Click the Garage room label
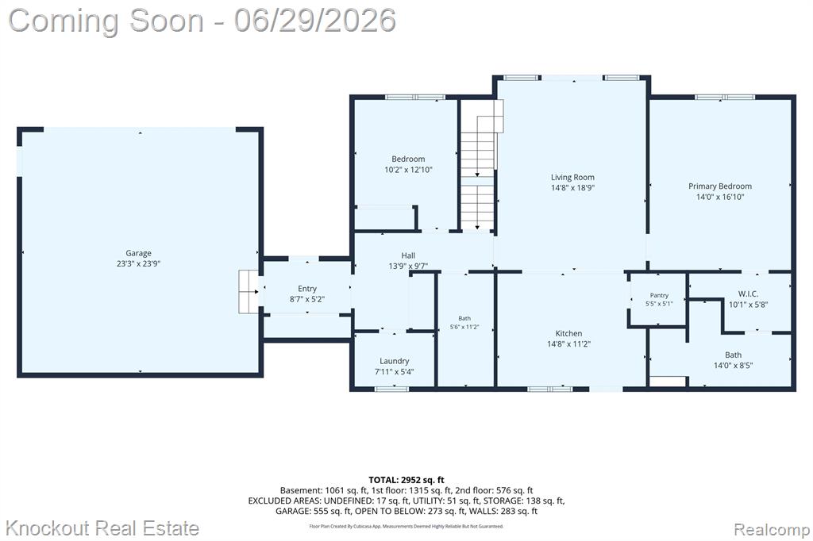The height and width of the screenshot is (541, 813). (x=138, y=253)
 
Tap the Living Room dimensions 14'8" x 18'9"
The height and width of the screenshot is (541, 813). (x=572, y=187)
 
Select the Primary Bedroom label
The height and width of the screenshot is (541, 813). (x=719, y=186)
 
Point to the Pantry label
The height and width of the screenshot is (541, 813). (x=659, y=295)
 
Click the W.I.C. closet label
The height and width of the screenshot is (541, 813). (x=748, y=294)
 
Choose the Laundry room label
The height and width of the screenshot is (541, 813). (x=394, y=361)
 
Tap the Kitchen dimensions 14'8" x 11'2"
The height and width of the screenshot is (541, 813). (x=568, y=343)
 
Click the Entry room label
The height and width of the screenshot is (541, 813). (x=307, y=289)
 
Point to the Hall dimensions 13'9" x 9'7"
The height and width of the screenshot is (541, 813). (x=408, y=266)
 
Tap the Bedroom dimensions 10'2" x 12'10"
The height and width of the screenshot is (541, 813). (x=408, y=170)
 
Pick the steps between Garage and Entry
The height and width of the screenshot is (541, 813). (x=249, y=291)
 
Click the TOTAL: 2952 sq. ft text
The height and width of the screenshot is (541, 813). (x=406, y=480)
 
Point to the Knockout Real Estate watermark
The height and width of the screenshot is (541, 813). (x=102, y=528)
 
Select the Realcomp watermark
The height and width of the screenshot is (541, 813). (x=772, y=530)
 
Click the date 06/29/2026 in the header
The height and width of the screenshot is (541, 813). (x=314, y=21)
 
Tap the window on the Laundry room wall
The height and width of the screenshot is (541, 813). (x=392, y=388)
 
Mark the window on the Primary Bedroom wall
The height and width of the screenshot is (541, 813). (x=725, y=97)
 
